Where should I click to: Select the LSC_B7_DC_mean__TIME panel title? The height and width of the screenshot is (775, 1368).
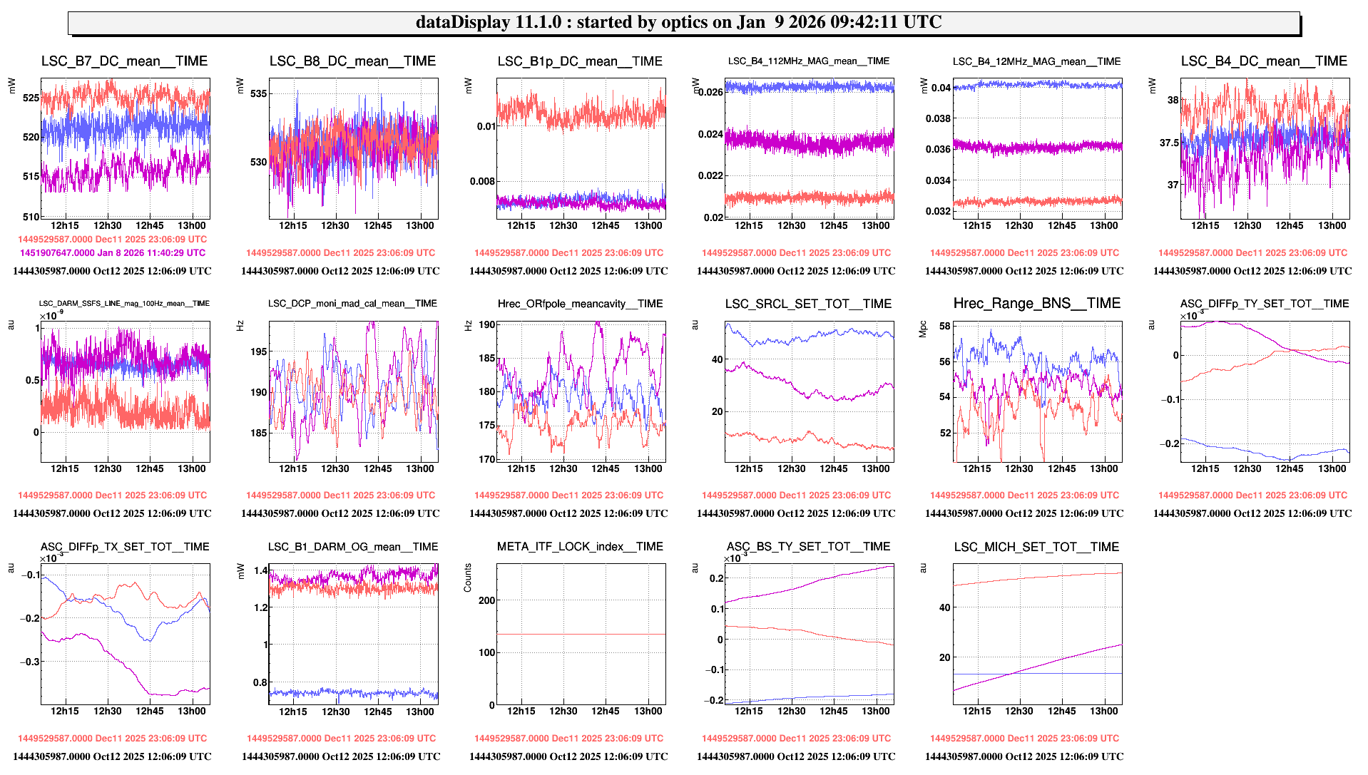click(124, 61)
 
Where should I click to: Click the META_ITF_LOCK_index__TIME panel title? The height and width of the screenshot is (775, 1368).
click(580, 547)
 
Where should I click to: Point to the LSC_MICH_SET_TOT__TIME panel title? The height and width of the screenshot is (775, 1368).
click(1036, 547)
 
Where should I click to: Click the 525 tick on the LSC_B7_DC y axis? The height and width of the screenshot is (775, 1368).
click(31, 98)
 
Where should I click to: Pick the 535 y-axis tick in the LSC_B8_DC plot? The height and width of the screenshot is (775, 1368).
click(258, 93)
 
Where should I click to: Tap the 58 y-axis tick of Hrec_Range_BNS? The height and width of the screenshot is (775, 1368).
click(945, 327)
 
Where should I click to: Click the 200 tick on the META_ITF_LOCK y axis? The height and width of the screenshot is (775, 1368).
click(487, 600)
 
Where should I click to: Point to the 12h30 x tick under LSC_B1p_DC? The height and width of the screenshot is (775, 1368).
click(563, 225)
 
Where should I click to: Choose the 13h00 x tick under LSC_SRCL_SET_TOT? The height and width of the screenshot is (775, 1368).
click(875, 468)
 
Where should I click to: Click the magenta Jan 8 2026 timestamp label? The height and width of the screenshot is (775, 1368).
click(113, 252)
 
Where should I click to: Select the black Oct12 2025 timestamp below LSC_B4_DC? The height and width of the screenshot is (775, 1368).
click(1252, 271)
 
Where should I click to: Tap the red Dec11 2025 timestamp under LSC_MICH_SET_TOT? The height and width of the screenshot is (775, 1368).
click(1024, 738)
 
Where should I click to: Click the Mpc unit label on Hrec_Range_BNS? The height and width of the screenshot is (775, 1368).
click(923, 329)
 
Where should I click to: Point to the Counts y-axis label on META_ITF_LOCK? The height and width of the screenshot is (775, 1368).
click(468, 578)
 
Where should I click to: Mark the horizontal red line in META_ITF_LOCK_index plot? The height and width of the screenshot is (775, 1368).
click(581, 634)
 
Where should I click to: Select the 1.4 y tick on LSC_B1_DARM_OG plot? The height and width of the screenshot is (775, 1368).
click(261, 570)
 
